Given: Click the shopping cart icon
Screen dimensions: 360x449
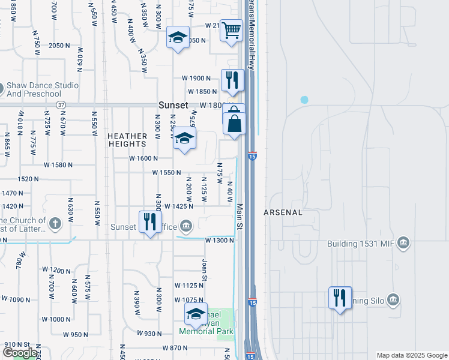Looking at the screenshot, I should (x=231, y=29).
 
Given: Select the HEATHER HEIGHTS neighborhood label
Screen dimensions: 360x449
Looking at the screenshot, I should (x=127, y=140).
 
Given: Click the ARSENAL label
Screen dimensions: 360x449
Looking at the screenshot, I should (x=283, y=212).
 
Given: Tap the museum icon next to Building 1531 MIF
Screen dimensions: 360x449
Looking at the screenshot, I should (x=403, y=243).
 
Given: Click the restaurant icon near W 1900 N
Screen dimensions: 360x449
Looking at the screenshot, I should (x=232, y=80).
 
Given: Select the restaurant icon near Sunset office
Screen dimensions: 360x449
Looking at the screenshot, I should (x=149, y=222).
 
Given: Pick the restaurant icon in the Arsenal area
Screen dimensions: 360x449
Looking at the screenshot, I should (x=340, y=297).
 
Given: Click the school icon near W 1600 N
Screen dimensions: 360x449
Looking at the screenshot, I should (x=185, y=137).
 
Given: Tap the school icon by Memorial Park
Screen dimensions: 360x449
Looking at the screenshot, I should (x=196, y=313).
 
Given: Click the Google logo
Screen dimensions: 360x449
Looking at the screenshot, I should (x=20, y=353).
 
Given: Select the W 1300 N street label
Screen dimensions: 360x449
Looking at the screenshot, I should (x=219, y=240).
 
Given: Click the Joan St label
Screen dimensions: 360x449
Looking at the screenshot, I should (x=205, y=270).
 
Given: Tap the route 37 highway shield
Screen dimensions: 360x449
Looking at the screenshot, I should (x=61, y=105).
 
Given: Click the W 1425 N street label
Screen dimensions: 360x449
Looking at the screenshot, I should (x=178, y=206).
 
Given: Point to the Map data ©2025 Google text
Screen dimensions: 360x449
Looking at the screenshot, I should (x=412, y=355).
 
